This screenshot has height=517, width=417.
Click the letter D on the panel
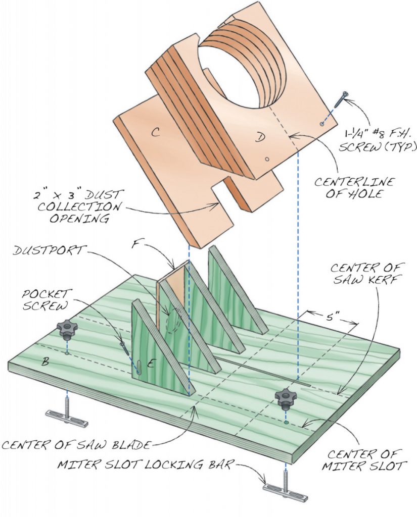pyautogui.click(x=259, y=138)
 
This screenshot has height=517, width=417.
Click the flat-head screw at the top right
pyautogui.click(x=341, y=98)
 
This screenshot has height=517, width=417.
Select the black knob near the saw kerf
pyautogui.click(x=286, y=398)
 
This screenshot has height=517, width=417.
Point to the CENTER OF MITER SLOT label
pyautogui.click(x=365, y=458)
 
